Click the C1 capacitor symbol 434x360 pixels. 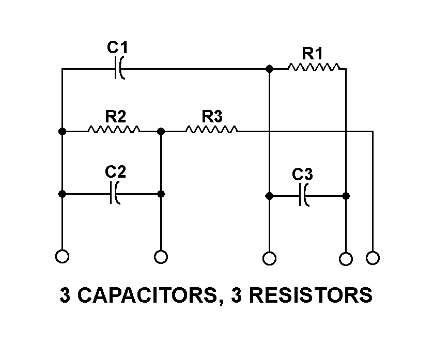(x=118, y=68)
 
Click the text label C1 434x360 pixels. (x=117, y=48)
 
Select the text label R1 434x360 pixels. (x=313, y=53)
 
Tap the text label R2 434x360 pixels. (x=116, y=116)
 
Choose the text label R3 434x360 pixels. (x=212, y=116)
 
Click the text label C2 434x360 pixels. (x=115, y=171)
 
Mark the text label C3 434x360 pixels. (x=302, y=175)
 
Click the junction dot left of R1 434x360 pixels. (x=269, y=68)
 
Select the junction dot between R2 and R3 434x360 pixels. (x=161, y=132)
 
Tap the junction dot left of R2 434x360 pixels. (x=62, y=132)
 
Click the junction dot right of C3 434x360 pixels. (x=346, y=196)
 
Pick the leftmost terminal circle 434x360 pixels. (x=62, y=256)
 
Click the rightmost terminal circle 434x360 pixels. (x=373, y=257)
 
